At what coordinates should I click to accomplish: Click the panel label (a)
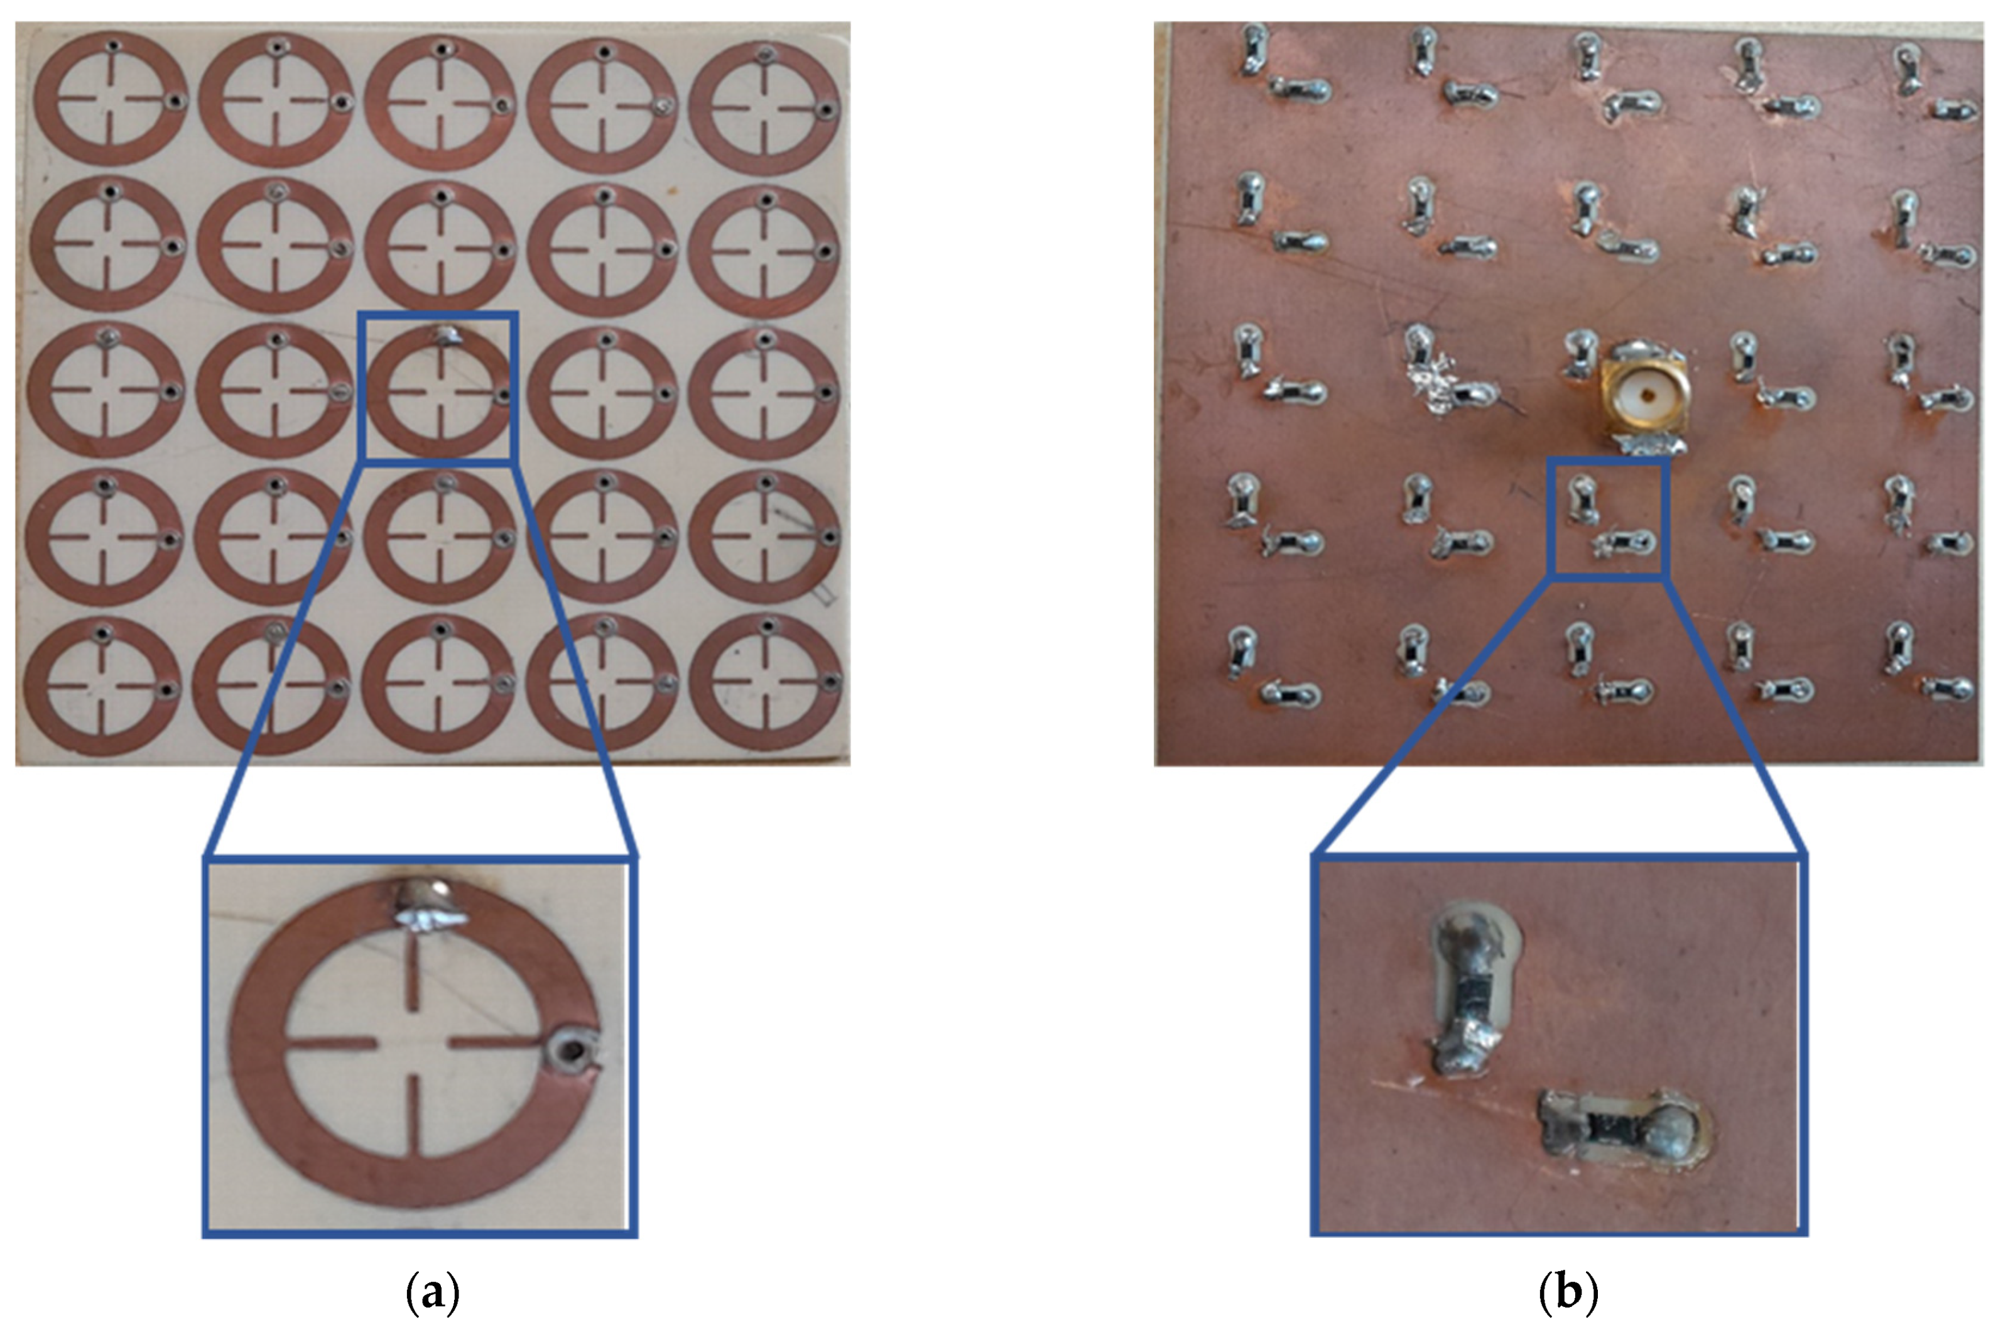coord(433,1293)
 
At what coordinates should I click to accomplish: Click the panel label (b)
coord(1568,1293)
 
